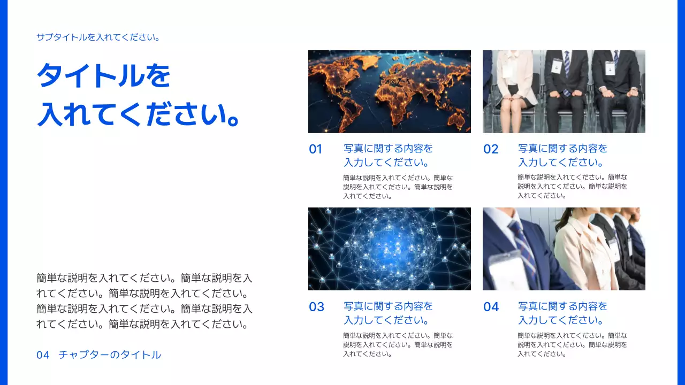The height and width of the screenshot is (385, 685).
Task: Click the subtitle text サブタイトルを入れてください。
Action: (x=98, y=37)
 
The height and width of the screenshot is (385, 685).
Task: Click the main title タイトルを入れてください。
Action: (x=138, y=95)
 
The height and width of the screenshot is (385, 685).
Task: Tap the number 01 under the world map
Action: (x=316, y=149)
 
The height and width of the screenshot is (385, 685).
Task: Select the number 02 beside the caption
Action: (x=491, y=149)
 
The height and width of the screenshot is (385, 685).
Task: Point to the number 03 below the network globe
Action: (x=316, y=307)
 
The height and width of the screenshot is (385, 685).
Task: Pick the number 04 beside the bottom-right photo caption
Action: (x=491, y=307)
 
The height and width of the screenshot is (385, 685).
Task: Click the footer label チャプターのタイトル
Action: (x=110, y=355)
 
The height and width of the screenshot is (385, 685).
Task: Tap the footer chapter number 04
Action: (x=43, y=355)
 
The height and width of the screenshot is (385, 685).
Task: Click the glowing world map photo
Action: (x=389, y=91)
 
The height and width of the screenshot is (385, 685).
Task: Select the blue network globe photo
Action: (x=389, y=249)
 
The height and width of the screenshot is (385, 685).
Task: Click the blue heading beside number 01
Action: (x=388, y=156)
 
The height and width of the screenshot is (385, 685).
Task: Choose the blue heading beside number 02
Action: (x=562, y=156)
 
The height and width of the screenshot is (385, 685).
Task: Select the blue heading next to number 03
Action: (x=388, y=313)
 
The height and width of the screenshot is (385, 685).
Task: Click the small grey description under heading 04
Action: (x=572, y=344)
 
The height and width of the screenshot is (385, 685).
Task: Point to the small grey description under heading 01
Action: (x=398, y=187)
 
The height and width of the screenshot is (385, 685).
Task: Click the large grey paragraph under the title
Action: (x=144, y=301)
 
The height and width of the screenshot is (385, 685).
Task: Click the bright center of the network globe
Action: (x=386, y=243)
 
